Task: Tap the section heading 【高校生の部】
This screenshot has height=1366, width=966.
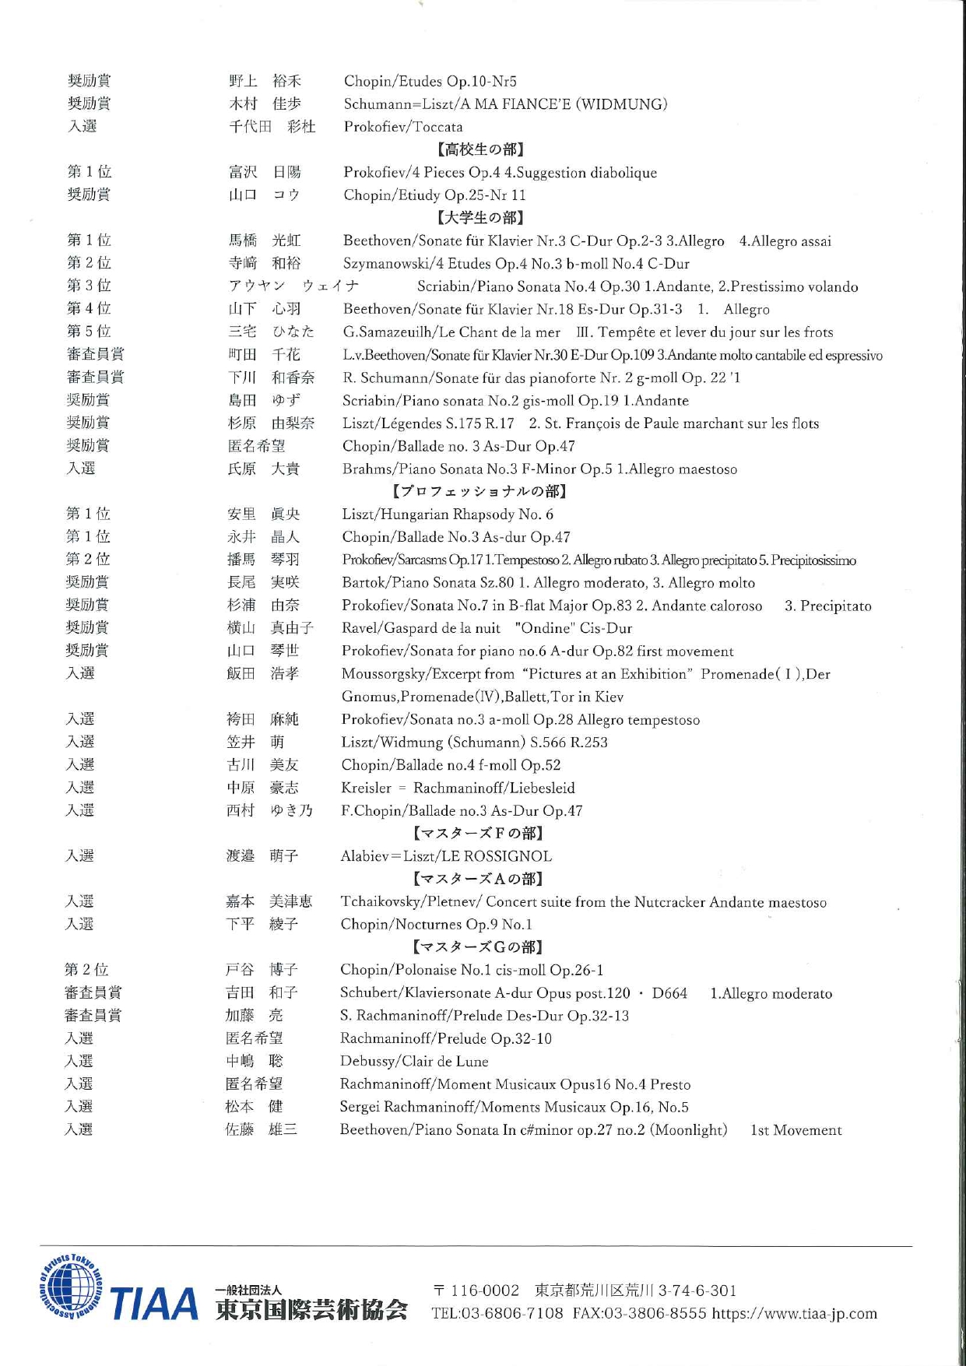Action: (479, 149)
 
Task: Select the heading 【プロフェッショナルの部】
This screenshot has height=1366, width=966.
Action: (479, 491)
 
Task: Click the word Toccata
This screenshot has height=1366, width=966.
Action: (437, 127)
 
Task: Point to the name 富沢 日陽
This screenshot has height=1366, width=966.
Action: (265, 172)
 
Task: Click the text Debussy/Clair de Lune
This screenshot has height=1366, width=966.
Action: (414, 1061)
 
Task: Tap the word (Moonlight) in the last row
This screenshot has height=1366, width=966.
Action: (689, 1129)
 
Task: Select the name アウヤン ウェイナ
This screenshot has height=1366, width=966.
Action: (293, 286)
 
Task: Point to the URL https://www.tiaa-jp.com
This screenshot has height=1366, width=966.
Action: (795, 1314)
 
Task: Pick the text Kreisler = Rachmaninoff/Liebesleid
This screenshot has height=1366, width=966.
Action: (458, 788)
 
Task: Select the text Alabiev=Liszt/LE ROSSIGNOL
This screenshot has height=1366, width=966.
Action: (446, 856)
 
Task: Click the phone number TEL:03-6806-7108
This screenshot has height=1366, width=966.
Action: (497, 1314)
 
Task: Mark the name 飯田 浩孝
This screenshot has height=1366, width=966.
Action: (262, 673)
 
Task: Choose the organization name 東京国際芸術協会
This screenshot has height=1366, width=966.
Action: (311, 1311)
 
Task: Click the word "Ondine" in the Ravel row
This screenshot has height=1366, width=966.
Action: (543, 628)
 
